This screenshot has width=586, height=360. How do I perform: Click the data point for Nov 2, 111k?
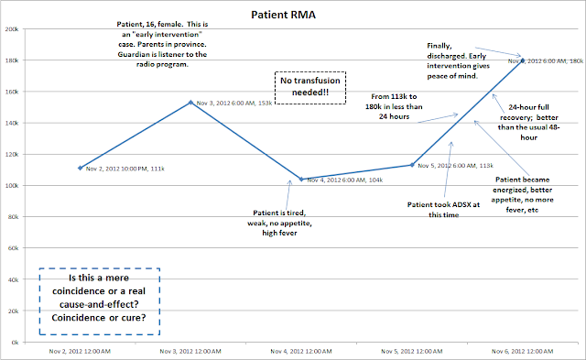click(80, 168)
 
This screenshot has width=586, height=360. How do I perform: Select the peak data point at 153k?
click(190, 103)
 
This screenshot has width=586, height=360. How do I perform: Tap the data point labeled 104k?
click(301, 180)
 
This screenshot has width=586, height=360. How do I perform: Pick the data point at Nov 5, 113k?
click(412, 165)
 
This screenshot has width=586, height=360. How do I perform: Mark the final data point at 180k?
click(523, 60)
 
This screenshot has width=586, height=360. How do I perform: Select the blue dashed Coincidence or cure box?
click(99, 291)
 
